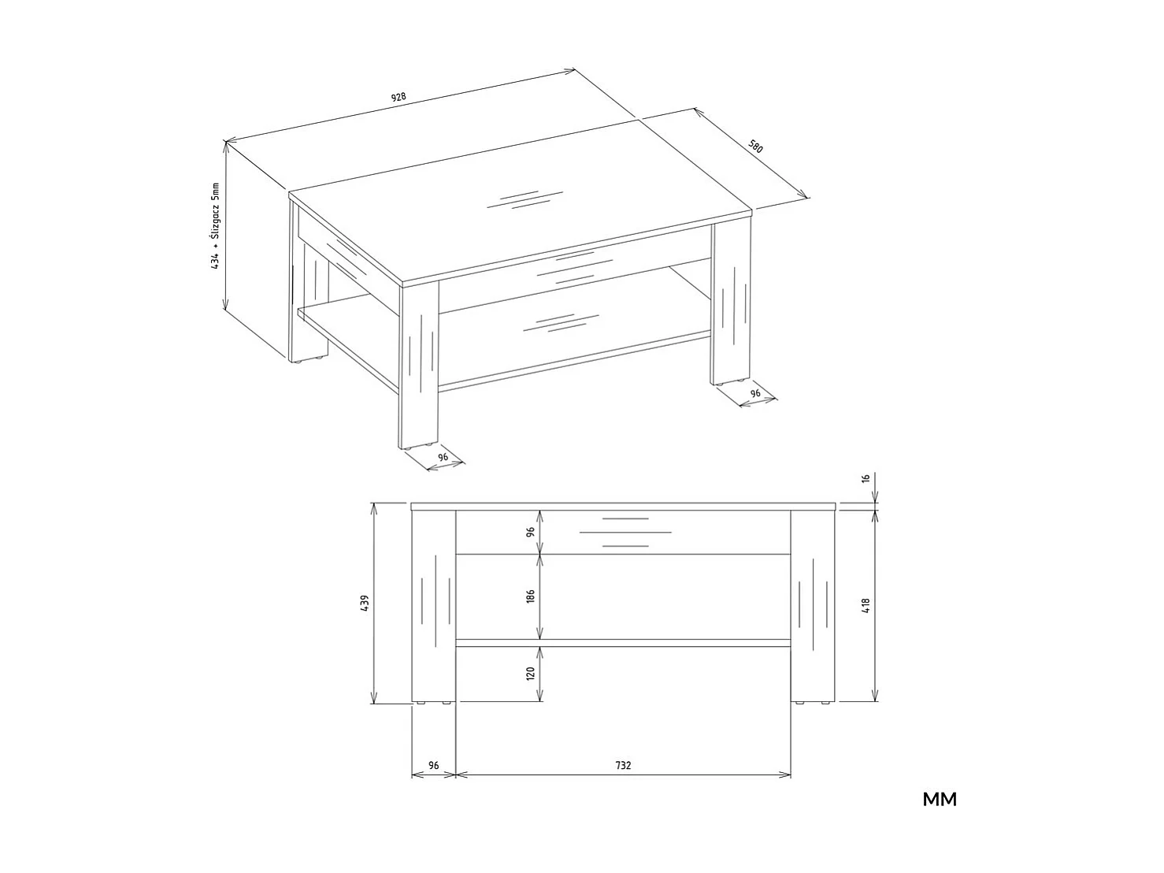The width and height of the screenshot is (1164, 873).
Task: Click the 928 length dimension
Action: [399, 98]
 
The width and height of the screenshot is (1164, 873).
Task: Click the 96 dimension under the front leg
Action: [443, 457]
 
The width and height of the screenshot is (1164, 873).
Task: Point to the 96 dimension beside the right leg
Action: [755, 393]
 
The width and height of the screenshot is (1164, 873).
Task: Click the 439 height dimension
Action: [364, 604]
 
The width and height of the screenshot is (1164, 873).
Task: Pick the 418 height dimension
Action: [866, 605]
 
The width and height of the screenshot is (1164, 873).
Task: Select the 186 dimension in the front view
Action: [531, 596]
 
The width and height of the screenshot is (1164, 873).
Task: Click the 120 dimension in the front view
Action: [531, 674]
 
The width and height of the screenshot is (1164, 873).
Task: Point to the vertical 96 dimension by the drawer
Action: [531, 532]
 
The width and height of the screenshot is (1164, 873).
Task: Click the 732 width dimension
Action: [623, 765]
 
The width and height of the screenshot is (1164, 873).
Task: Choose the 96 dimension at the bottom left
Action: [433, 765]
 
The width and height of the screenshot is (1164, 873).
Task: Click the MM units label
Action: [940, 800]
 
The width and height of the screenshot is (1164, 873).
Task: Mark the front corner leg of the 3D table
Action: [420, 366]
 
